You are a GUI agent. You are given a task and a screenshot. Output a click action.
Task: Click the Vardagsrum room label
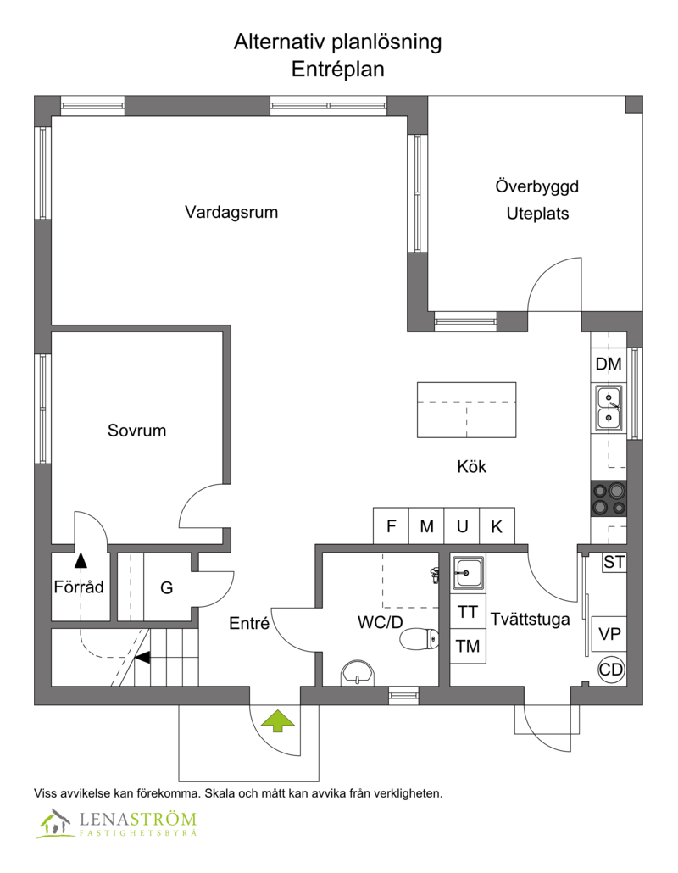[231, 212]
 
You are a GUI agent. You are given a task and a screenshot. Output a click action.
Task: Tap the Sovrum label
[137, 431]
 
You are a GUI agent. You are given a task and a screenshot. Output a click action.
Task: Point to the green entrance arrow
[278, 720]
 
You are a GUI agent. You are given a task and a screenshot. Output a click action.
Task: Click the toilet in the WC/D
[419, 638]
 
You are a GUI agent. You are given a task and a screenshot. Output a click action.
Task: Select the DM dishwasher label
[609, 364]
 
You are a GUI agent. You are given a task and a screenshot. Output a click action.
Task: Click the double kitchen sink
[609, 408]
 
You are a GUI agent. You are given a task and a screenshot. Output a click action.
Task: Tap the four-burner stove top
[609, 499]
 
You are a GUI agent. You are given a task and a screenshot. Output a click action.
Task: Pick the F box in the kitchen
[391, 525]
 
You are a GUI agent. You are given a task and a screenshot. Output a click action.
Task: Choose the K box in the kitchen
[497, 525]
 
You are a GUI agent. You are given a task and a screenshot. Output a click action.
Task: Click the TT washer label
[468, 611]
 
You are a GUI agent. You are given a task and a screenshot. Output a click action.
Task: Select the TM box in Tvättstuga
[468, 646]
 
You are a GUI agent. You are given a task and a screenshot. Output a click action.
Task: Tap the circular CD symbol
[611, 670]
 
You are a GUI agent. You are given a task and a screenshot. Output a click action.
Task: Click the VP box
[609, 634]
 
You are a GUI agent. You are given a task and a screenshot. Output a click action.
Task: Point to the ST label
[614, 562]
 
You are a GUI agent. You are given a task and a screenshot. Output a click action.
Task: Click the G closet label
[166, 587]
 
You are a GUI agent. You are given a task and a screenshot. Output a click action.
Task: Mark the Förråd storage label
[79, 587]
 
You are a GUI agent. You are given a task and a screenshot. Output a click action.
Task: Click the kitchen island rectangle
[466, 409]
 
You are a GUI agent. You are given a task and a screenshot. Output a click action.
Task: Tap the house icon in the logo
[54, 823]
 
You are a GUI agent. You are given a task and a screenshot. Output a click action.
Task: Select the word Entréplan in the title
[338, 69]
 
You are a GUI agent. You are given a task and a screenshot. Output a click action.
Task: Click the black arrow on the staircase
[142, 658]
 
